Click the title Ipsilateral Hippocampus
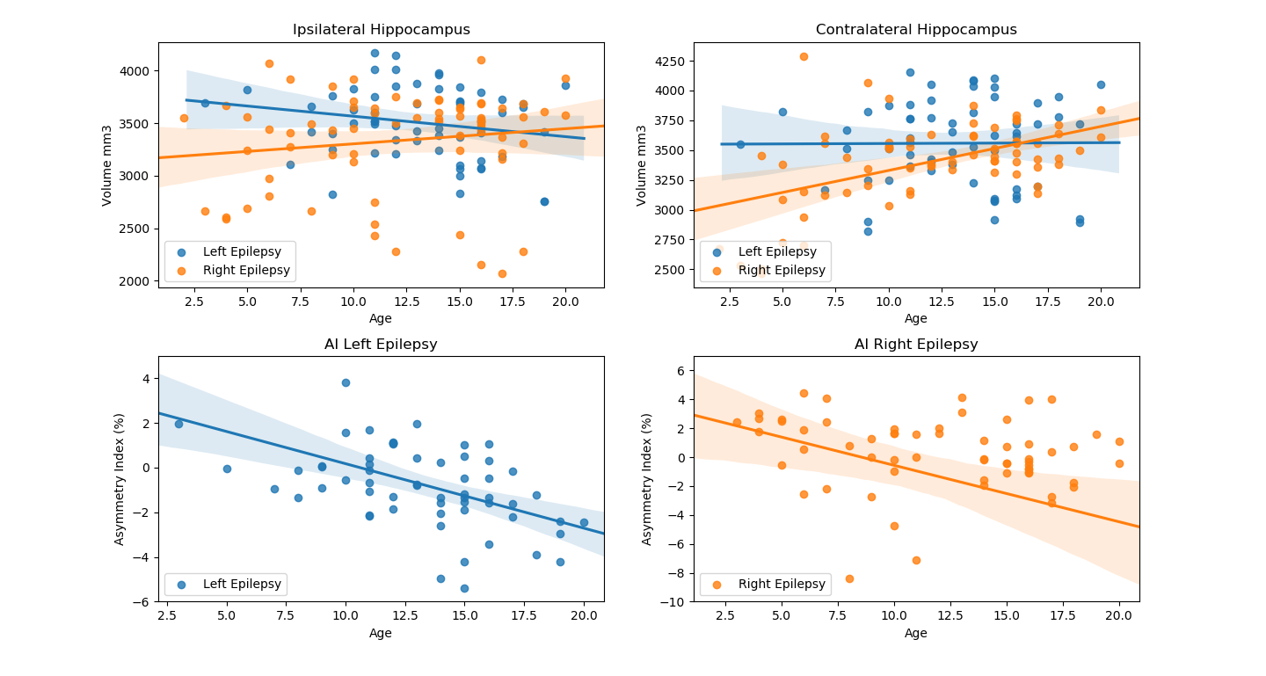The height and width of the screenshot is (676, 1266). click(381, 30)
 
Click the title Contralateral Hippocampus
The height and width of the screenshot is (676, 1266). click(916, 30)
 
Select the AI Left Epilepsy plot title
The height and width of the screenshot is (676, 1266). click(381, 345)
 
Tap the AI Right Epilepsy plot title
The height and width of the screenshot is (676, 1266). click(916, 345)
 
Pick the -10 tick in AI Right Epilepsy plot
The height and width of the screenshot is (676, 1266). click(676, 602)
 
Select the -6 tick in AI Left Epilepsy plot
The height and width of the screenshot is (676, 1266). click(142, 602)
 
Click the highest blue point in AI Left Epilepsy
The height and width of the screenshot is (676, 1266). click(346, 382)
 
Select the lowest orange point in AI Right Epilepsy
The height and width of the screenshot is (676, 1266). click(849, 578)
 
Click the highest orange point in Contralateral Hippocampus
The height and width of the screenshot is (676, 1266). click(804, 56)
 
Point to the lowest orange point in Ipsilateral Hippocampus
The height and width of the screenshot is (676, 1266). click(502, 273)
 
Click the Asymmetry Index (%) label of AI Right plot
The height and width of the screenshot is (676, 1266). click(647, 479)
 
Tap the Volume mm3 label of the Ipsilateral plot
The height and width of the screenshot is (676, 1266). click(107, 165)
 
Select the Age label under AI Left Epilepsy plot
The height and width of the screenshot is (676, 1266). click(381, 633)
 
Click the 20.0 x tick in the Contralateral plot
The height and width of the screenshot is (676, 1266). click(1101, 300)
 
